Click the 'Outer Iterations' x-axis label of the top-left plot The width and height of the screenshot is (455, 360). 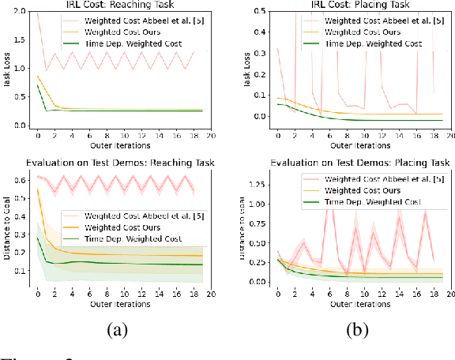pos(122,146)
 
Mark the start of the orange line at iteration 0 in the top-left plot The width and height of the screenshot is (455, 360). pos(37,76)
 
